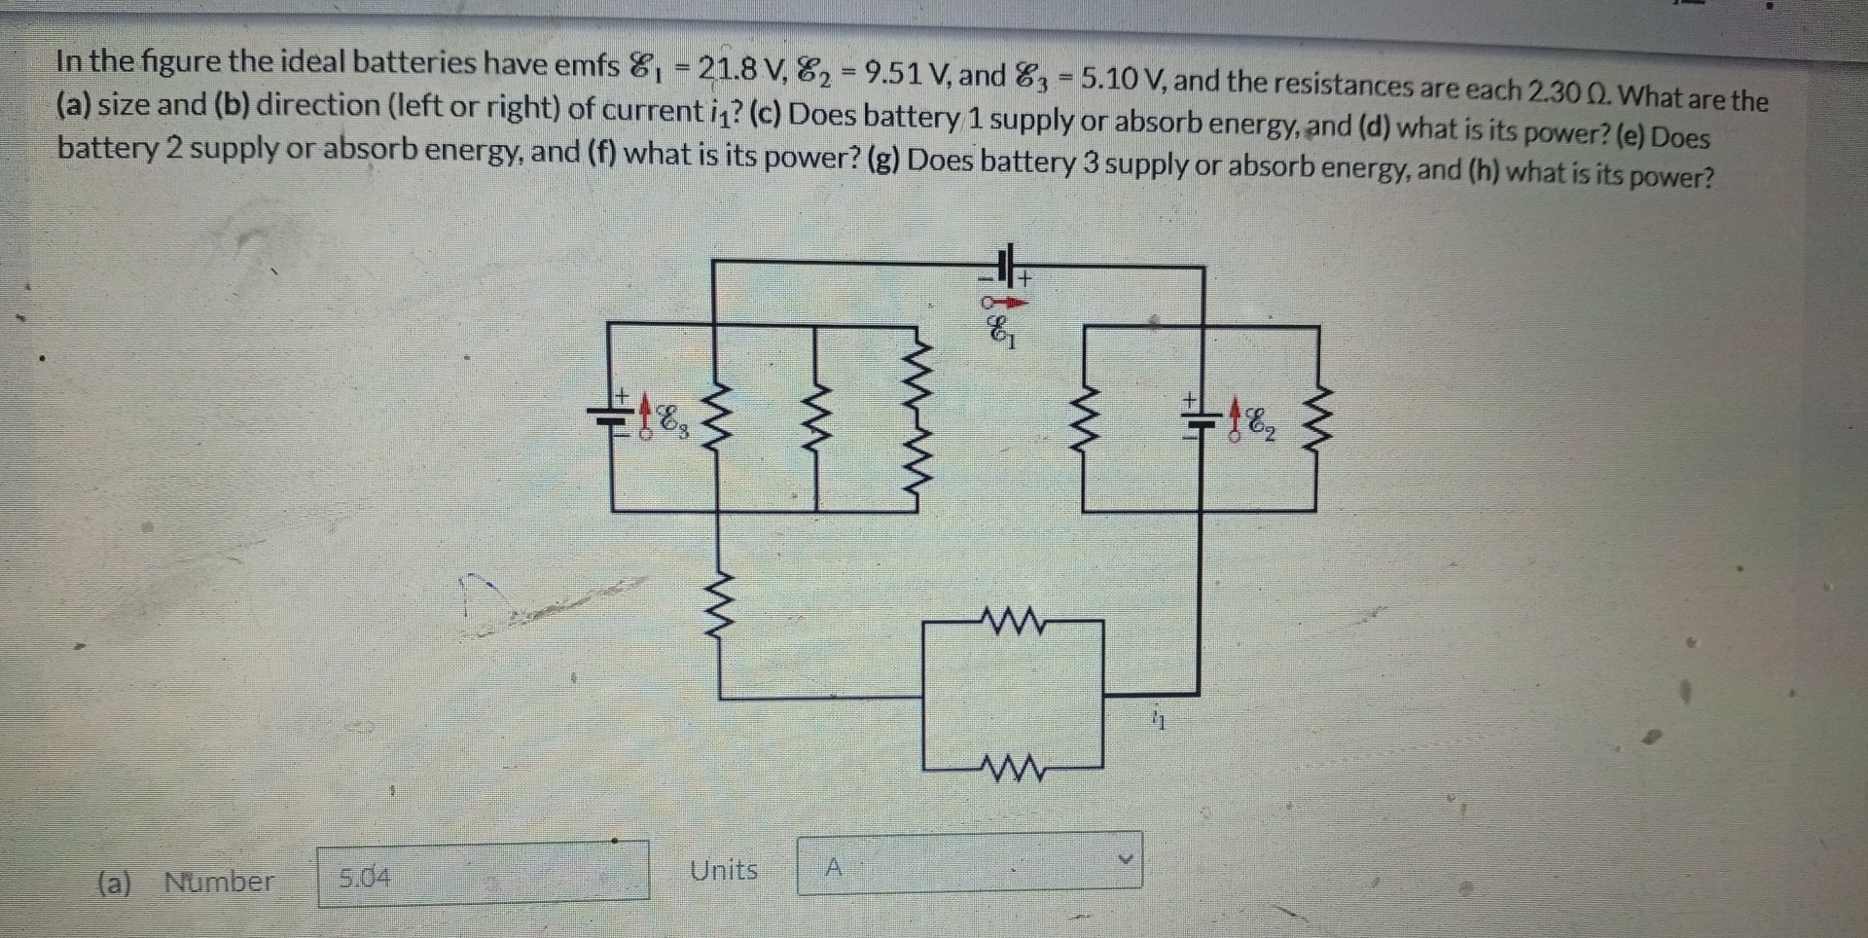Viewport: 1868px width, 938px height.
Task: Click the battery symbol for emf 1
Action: [x=1008, y=264]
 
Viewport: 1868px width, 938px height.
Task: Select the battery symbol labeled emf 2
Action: [x=1201, y=419]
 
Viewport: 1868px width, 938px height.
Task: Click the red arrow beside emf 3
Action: [x=645, y=416]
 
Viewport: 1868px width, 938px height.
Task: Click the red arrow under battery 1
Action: [x=1004, y=303]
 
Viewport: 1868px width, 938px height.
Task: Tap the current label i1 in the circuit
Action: [x=1157, y=720]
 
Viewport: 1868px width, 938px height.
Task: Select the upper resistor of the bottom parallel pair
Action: [x=1013, y=621]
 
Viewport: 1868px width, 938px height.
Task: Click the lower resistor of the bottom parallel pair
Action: [x=1013, y=770]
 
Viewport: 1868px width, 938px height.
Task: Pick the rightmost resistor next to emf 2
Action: [x=1317, y=418]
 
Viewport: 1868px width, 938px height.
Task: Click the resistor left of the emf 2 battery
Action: [x=1084, y=419]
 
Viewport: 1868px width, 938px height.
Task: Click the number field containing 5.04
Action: [x=483, y=875]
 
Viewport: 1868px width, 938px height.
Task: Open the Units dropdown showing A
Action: [x=969, y=864]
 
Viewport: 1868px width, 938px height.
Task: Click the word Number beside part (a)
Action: [x=219, y=882]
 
